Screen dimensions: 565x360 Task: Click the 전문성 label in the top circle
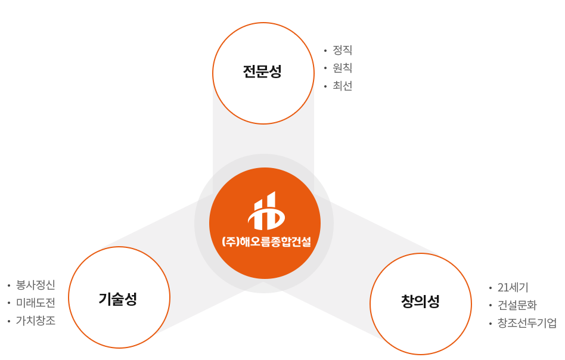262,72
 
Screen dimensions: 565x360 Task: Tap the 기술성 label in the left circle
118,299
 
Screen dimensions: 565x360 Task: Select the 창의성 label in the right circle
420,301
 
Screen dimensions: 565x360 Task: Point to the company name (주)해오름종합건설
266,241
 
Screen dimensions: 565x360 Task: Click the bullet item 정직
342,50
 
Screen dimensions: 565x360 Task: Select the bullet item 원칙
342,68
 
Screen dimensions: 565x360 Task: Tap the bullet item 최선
342,86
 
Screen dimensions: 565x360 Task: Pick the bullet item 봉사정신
36,285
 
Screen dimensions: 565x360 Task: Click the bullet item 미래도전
36,303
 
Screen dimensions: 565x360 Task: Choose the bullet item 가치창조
36,320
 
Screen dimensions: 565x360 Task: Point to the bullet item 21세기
513,287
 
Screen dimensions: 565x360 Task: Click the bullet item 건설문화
517,305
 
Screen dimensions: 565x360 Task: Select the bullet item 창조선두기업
527,322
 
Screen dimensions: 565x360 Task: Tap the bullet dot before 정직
325,51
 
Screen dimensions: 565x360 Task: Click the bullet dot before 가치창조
9,321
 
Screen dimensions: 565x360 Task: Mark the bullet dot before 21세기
490,288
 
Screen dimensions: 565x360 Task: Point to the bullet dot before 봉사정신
9,285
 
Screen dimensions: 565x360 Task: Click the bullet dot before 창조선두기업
490,323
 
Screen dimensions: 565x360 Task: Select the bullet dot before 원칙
325,69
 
